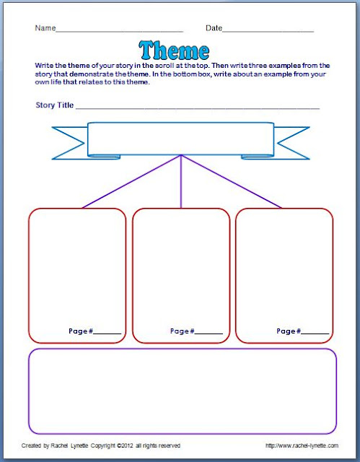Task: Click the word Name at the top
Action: tap(45, 28)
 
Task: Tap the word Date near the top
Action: tap(214, 28)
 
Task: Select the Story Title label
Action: tap(54, 105)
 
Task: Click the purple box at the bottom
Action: tap(183, 390)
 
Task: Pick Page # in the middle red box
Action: tap(183, 331)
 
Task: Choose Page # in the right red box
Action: tap(289, 331)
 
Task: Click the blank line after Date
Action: tap(268, 31)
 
